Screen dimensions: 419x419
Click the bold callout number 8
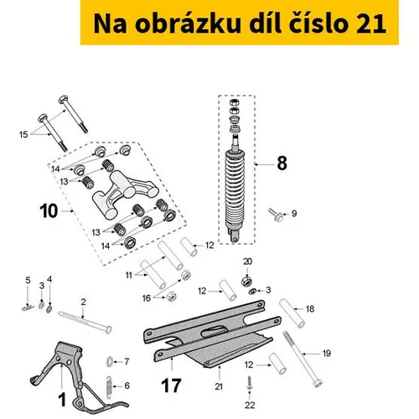(x=282, y=163)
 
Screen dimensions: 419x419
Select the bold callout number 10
(x=49, y=211)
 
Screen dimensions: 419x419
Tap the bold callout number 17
(x=171, y=385)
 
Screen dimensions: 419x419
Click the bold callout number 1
(x=62, y=400)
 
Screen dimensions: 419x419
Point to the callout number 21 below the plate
(x=219, y=386)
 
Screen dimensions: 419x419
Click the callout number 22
(x=250, y=405)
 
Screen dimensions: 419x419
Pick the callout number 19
(x=327, y=354)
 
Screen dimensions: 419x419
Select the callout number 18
(x=310, y=308)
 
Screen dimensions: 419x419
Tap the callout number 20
(x=247, y=261)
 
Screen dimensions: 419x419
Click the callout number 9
(x=294, y=214)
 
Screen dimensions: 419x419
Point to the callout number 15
(x=23, y=135)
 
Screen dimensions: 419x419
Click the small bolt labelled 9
(x=276, y=215)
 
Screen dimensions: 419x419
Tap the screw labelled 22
(x=249, y=384)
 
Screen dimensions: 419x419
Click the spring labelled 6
(x=110, y=385)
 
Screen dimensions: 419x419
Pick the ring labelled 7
(x=110, y=362)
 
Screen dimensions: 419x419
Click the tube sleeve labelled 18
(x=292, y=313)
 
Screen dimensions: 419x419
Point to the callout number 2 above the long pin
(x=83, y=302)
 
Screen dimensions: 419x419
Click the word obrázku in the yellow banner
(x=188, y=23)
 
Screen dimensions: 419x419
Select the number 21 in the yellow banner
(x=371, y=23)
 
